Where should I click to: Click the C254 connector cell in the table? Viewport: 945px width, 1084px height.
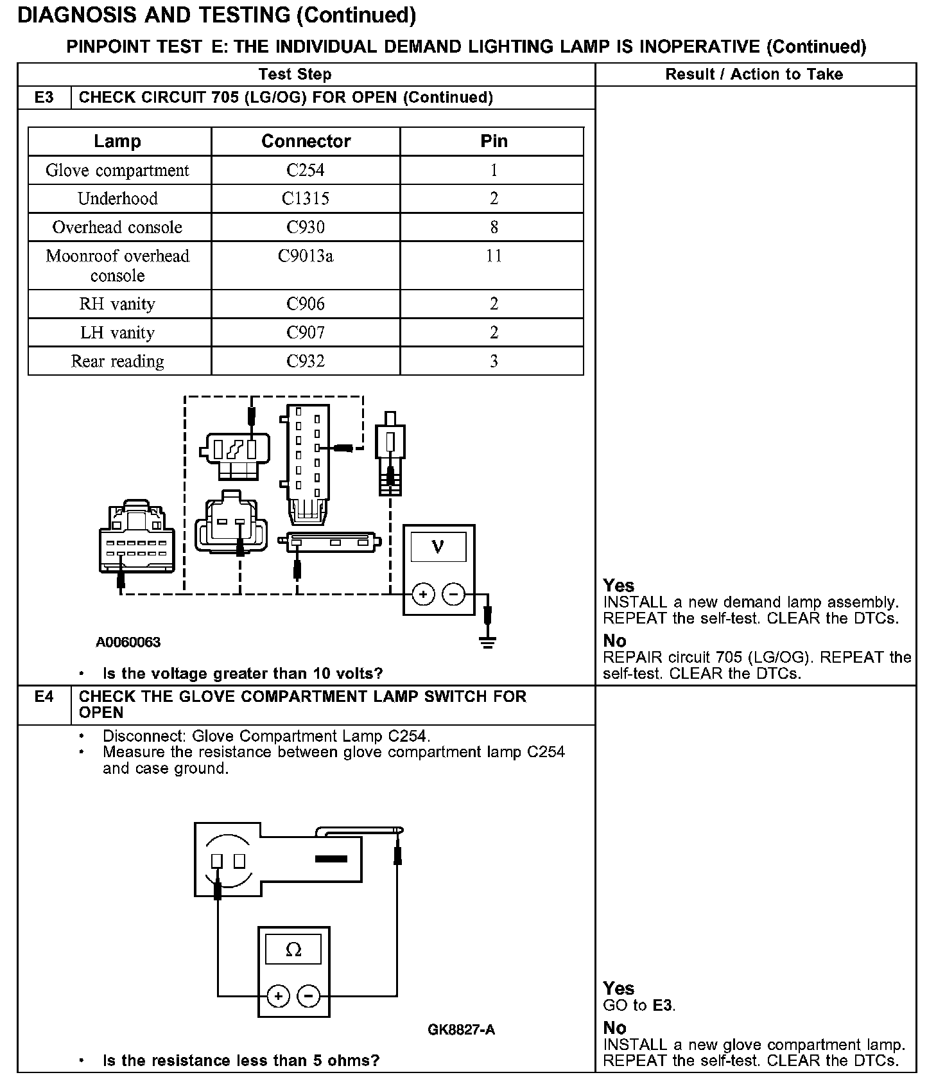click(x=306, y=170)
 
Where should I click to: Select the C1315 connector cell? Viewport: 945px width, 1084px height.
click(x=306, y=198)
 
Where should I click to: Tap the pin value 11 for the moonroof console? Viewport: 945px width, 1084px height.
click(x=493, y=256)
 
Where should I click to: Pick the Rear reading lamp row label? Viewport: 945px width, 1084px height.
click(x=117, y=362)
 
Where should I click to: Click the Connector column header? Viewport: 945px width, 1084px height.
click(x=306, y=141)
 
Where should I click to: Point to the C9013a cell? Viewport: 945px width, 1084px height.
click(x=306, y=256)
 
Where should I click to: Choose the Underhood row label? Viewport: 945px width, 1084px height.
click(x=117, y=198)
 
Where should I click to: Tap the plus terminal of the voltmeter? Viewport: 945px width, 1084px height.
click(x=422, y=595)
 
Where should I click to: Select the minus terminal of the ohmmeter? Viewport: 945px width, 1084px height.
click(x=309, y=996)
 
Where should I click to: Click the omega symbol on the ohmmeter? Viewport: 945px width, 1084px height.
click(x=293, y=950)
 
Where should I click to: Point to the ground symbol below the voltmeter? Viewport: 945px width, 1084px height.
click(x=488, y=643)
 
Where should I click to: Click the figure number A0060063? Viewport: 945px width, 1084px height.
click(x=128, y=642)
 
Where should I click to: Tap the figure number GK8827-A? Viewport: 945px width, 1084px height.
click(x=461, y=1030)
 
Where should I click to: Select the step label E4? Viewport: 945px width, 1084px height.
click(x=44, y=697)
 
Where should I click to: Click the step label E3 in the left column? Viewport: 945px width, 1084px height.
click(x=44, y=98)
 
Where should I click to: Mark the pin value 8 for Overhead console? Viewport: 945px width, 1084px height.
click(x=493, y=227)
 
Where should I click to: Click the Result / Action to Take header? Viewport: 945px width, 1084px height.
click(x=754, y=74)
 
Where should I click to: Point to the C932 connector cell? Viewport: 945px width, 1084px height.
click(x=306, y=362)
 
